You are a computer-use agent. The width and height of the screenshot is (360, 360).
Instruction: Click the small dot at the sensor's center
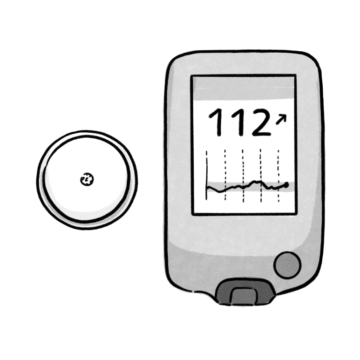[x=87, y=179]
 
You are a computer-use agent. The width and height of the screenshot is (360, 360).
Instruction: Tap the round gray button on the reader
[x=287, y=265]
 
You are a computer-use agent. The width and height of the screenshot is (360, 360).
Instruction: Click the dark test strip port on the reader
[x=245, y=292]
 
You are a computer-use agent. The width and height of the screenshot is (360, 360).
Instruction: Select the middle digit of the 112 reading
[x=239, y=122]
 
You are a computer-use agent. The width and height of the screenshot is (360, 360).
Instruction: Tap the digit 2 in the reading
[x=261, y=122]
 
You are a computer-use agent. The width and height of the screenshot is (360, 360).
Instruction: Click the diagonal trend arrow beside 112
[x=281, y=119]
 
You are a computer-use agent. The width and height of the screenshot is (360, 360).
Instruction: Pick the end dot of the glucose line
[x=286, y=184]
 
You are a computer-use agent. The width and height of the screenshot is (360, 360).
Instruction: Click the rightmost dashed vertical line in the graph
[x=278, y=176]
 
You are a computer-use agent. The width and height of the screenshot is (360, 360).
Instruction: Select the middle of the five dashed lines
[x=243, y=176]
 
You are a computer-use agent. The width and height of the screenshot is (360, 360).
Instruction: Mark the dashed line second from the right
[x=261, y=176]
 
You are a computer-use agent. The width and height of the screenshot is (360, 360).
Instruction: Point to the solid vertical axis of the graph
[x=207, y=176]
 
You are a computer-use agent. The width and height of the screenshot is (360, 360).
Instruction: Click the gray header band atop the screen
[x=244, y=88]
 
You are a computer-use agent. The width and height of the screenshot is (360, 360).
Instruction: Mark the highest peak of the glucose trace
[x=255, y=182]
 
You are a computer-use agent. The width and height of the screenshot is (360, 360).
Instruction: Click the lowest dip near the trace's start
[x=219, y=191]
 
